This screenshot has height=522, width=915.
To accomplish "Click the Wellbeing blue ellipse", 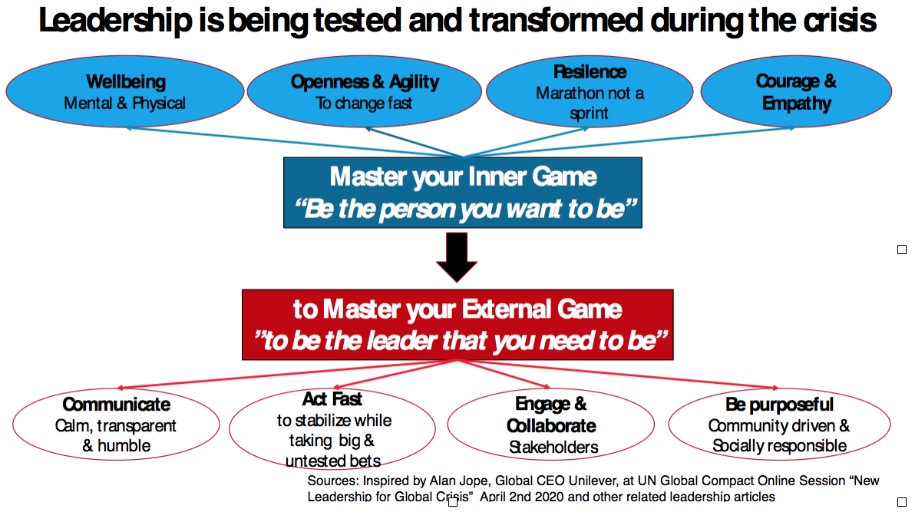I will [126, 91].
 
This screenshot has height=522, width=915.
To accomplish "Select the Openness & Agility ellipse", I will [365, 91].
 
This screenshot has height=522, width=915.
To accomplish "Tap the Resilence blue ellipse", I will [590, 91].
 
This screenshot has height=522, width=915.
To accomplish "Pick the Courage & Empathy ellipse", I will [796, 91].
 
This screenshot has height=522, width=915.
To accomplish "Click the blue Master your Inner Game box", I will [462, 193].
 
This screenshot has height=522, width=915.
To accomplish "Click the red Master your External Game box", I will [457, 325].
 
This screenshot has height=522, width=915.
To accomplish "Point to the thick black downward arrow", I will [457, 258].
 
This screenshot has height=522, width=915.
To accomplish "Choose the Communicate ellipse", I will [116, 425].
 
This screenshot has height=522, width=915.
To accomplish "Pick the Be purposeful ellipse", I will [779, 425].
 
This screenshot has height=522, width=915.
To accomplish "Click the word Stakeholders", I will [553, 447].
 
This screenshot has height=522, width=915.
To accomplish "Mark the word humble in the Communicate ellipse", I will [124, 446].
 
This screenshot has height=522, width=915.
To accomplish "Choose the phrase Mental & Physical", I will [125, 103].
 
